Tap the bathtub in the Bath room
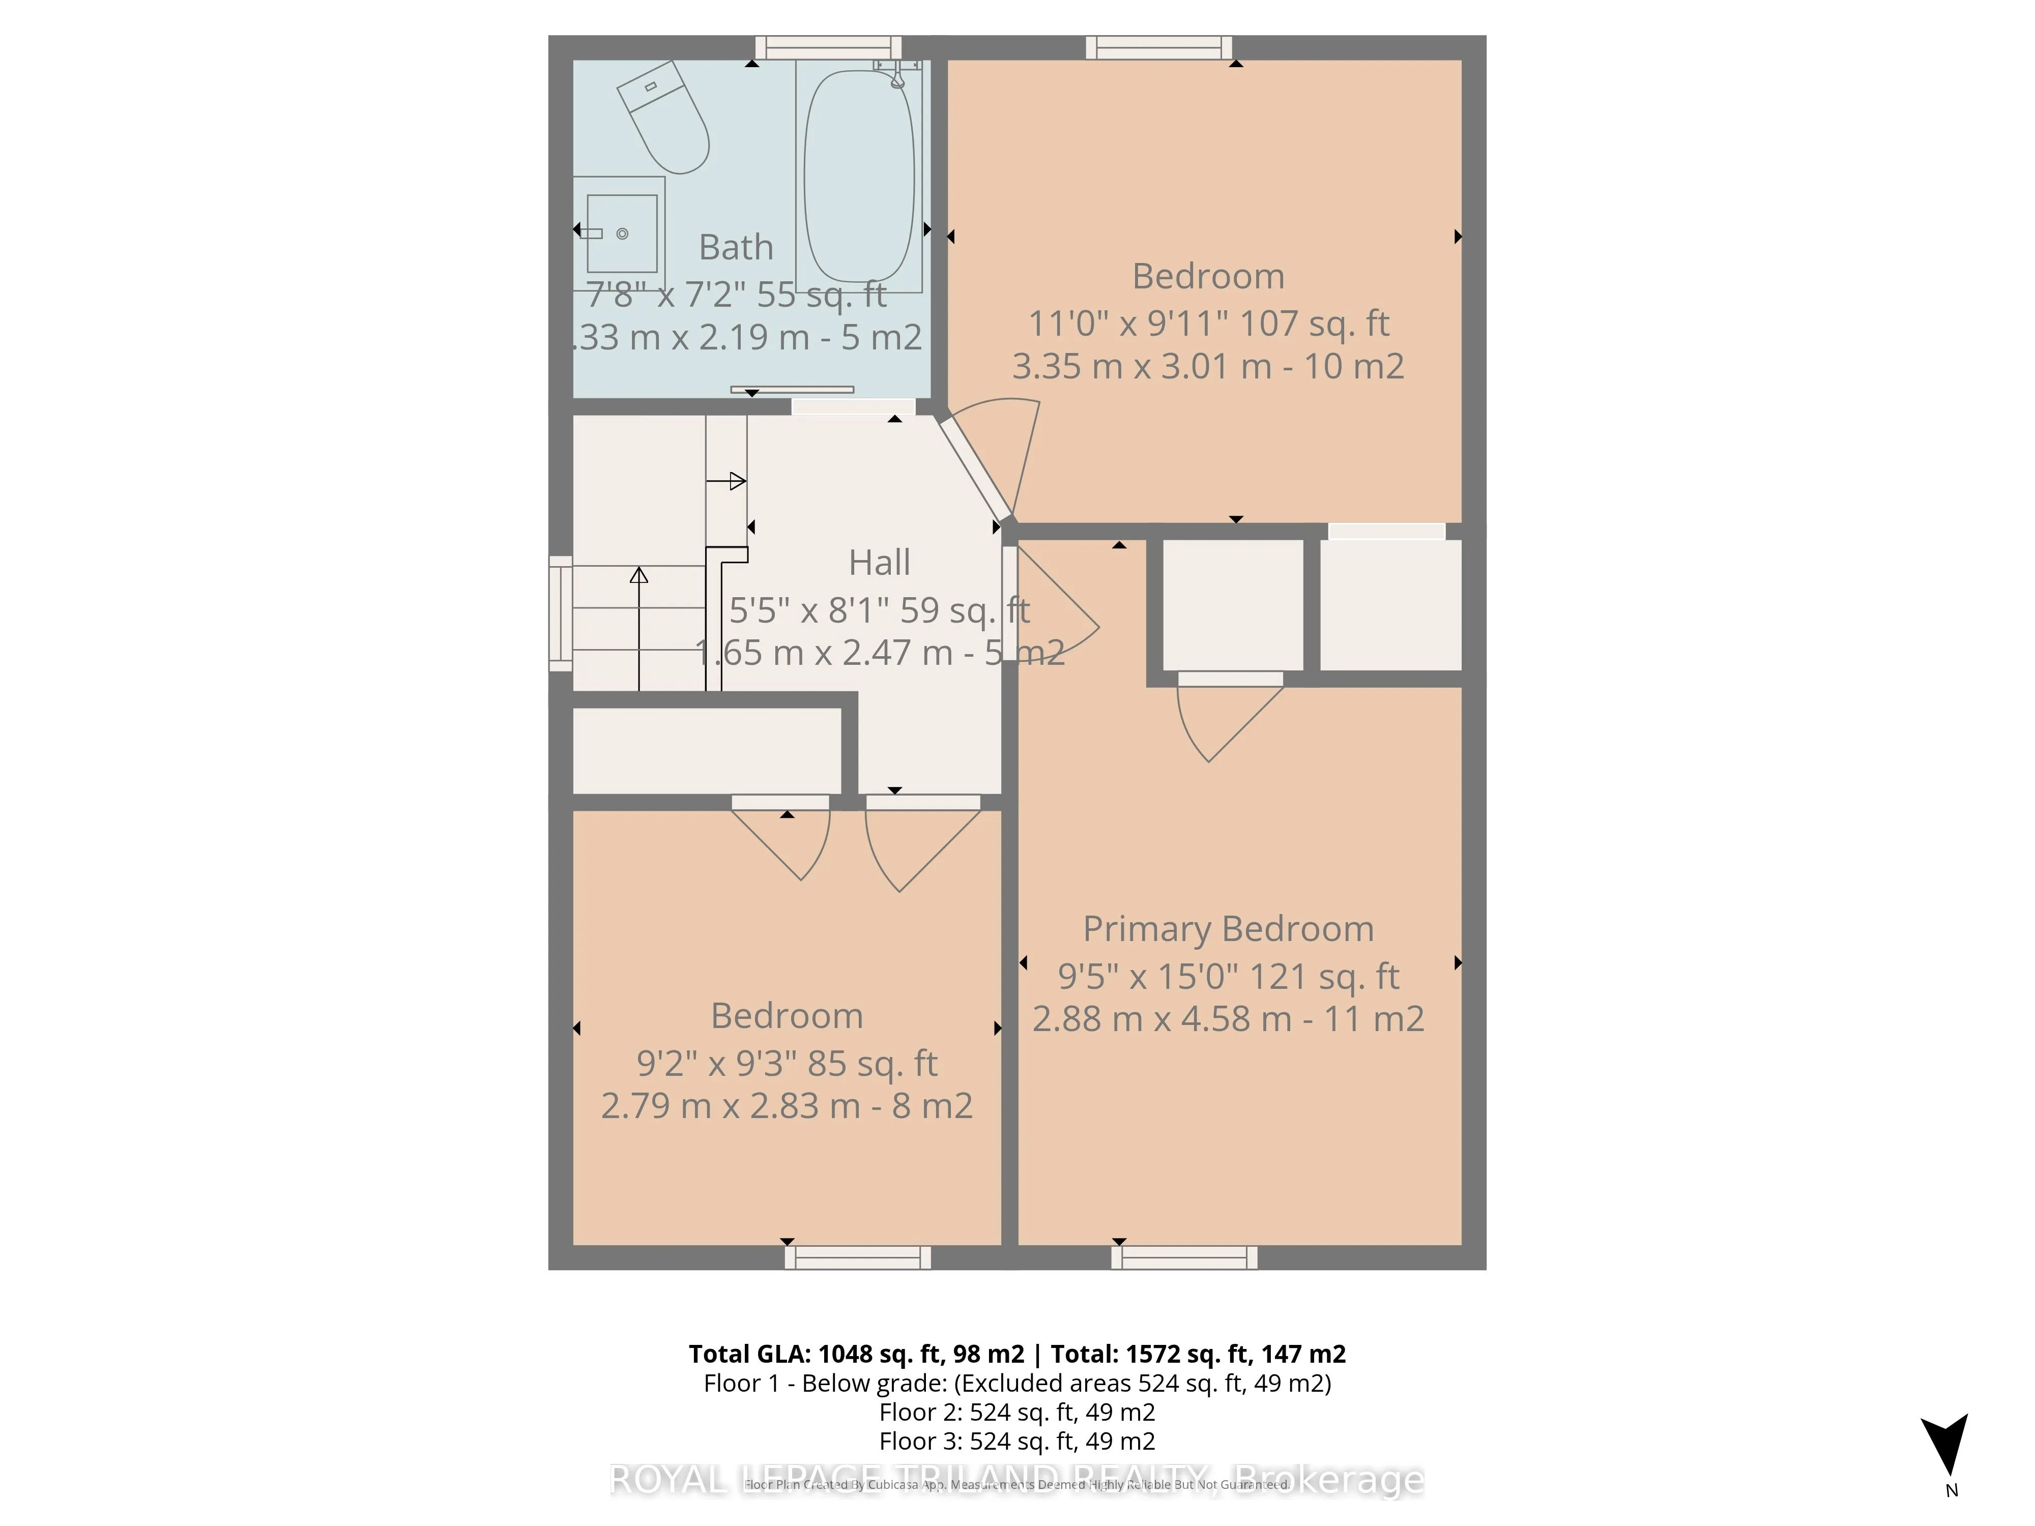[x=859, y=175]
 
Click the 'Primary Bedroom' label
[x=1228, y=929]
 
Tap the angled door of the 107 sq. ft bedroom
[x=975, y=468]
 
